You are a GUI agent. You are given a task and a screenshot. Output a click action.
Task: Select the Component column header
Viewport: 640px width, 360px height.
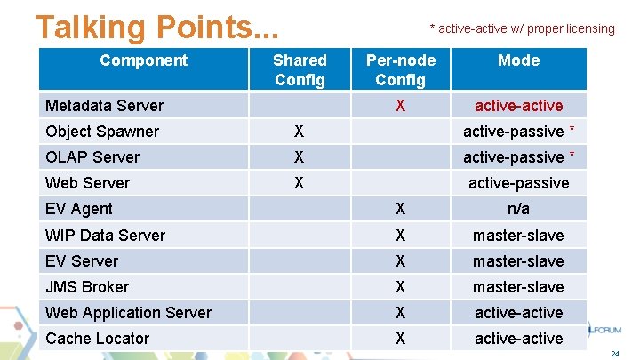(143, 60)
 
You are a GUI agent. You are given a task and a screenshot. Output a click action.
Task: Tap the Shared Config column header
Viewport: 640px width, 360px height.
(300, 69)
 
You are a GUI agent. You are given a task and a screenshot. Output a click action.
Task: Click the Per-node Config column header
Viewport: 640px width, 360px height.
(401, 69)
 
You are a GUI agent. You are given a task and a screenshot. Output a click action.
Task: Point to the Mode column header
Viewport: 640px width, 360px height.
(518, 60)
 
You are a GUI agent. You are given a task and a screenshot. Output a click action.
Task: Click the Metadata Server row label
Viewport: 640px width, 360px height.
(104, 106)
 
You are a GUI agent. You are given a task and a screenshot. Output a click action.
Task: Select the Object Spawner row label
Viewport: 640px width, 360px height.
(101, 132)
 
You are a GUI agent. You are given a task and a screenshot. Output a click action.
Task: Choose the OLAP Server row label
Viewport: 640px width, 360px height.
(92, 157)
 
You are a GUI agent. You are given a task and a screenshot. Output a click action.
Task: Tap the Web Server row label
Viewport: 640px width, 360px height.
(87, 183)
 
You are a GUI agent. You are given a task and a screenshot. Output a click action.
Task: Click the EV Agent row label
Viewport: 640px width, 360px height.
(79, 209)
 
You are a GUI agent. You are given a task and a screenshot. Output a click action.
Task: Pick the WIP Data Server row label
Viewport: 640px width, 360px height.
(105, 236)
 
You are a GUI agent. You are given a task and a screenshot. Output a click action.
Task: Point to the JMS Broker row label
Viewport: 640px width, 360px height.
(87, 287)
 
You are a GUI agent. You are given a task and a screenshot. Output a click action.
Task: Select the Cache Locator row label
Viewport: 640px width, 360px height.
(97, 339)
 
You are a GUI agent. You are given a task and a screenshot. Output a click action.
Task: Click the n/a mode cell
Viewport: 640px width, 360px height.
(518, 209)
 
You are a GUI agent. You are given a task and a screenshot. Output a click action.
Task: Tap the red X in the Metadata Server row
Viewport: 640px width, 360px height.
(401, 106)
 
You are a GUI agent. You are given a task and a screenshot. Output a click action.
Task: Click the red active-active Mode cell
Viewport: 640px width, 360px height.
(518, 106)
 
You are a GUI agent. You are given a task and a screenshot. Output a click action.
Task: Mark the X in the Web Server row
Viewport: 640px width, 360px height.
(300, 183)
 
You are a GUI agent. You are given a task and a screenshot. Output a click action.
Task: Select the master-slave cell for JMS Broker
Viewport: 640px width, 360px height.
(518, 287)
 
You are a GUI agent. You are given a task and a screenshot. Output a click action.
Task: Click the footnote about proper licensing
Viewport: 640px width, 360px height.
(522, 28)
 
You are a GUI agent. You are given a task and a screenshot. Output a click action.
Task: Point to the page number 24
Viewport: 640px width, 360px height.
(615, 354)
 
